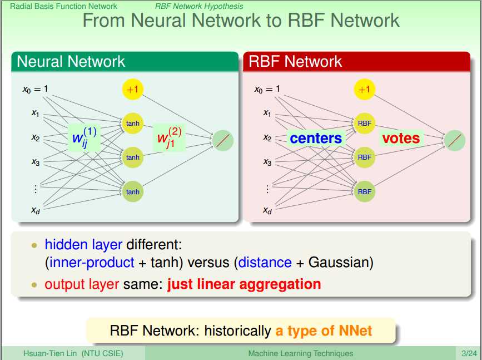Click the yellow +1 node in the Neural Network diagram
[x=133, y=89]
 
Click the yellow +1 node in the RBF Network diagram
[x=364, y=89]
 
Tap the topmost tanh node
[x=133, y=123]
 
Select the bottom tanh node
[x=133, y=192]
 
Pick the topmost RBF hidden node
[x=364, y=123]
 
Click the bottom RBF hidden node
[x=364, y=192]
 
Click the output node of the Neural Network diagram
[x=223, y=140]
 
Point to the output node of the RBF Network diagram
[x=455, y=140]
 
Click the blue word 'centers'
[x=316, y=138]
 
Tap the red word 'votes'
[x=400, y=137]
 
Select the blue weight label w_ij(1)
[x=85, y=137]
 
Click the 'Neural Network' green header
[x=71, y=61]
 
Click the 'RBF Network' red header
[x=295, y=61]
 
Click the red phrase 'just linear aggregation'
[x=244, y=284]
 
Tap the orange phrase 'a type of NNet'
[x=324, y=331]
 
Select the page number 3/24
[x=468, y=353]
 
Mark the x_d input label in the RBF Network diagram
[x=267, y=210]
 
